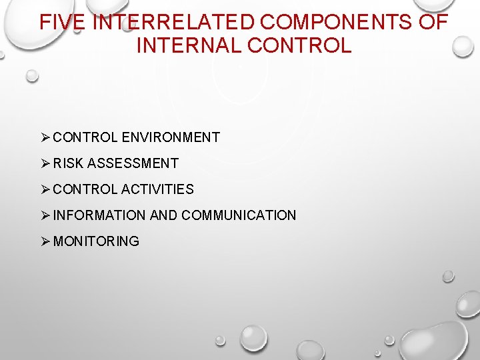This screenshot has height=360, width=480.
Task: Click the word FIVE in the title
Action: [x=62, y=22]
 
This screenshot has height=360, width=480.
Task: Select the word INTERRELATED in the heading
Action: [x=173, y=22]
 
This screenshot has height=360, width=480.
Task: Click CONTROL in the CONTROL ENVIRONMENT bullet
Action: [x=85, y=137]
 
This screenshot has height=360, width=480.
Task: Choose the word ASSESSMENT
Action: [x=133, y=163]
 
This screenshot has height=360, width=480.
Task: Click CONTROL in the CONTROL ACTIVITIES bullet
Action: [x=85, y=189]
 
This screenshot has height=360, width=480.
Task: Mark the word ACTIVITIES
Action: [x=157, y=189]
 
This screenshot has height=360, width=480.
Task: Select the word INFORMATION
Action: [x=99, y=215]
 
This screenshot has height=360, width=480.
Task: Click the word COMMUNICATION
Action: [x=239, y=215]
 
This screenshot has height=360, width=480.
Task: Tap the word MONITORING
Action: [x=96, y=241]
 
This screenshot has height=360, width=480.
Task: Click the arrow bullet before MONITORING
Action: [x=45, y=241]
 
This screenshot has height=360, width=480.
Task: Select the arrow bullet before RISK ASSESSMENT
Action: [x=45, y=163]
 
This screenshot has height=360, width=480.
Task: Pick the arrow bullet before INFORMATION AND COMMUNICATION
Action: [x=45, y=215]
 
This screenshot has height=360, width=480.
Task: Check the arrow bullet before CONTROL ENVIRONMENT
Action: [x=45, y=137]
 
